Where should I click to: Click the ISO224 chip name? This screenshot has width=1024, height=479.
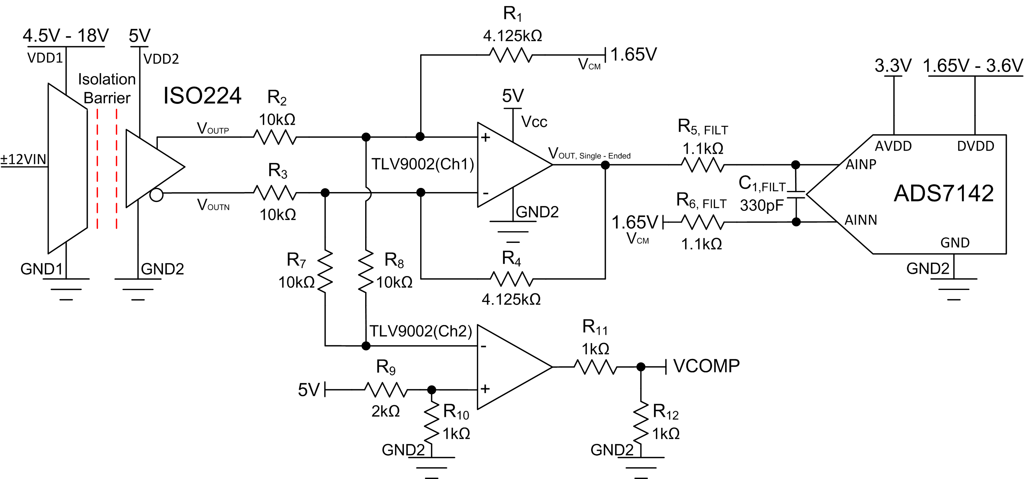pyautogui.click(x=202, y=96)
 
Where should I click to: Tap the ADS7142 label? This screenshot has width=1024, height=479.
pyautogui.click(x=944, y=194)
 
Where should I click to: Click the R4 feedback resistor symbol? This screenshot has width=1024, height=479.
pyautogui.click(x=512, y=279)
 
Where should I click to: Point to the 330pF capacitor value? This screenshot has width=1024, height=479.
pyautogui.click(x=761, y=206)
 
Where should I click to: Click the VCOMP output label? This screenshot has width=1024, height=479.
pyautogui.click(x=706, y=366)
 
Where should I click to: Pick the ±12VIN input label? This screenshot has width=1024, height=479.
pyautogui.click(x=23, y=159)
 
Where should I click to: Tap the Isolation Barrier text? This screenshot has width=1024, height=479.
pyautogui.click(x=107, y=88)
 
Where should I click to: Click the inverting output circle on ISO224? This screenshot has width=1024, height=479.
pyautogui.click(x=157, y=195)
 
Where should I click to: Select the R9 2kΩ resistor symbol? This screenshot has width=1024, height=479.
pyautogui.click(x=386, y=390)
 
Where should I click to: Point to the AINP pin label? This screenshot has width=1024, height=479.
pyautogui.click(x=861, y=165)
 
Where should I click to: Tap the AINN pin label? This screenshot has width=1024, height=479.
pyautogui.click(x=861, y=220)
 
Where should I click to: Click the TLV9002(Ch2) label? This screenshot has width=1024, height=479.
pyautogui.click(x=421, y=331)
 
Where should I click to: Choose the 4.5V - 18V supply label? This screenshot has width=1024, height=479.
pyautogui.click(x=66, y=36)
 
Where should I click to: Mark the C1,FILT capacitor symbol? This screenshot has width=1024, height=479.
pyautogui.click(x=796, y=194)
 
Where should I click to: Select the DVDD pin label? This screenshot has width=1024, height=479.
pyautogui.click(x=975, y=146)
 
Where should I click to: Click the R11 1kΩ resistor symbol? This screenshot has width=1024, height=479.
pyautogui.click(x=595, y=367)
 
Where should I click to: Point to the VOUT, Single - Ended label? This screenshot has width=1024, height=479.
pyautogui.click(x=589, y=154)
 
